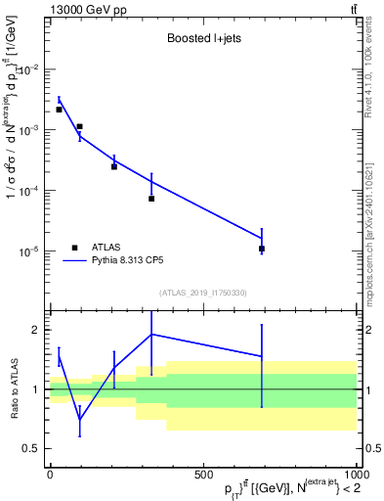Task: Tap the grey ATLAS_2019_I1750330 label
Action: [203, 293]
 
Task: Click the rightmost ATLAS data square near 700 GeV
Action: [262, 250]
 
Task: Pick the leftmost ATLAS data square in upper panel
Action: [59, 110]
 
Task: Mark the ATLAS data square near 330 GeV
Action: [151, 199]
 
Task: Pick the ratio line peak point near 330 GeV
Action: [151, 335]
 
